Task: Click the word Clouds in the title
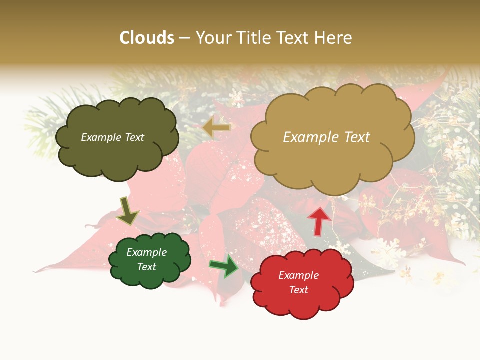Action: point(147,38)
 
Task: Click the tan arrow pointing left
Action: point(216,128)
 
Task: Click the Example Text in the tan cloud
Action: point(326,137)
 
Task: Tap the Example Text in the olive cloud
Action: point(112,137)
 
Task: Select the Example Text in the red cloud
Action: point(298,282)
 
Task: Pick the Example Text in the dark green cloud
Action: point(146,259)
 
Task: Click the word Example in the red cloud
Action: point(298,275)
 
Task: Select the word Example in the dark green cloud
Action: point(146,252)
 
